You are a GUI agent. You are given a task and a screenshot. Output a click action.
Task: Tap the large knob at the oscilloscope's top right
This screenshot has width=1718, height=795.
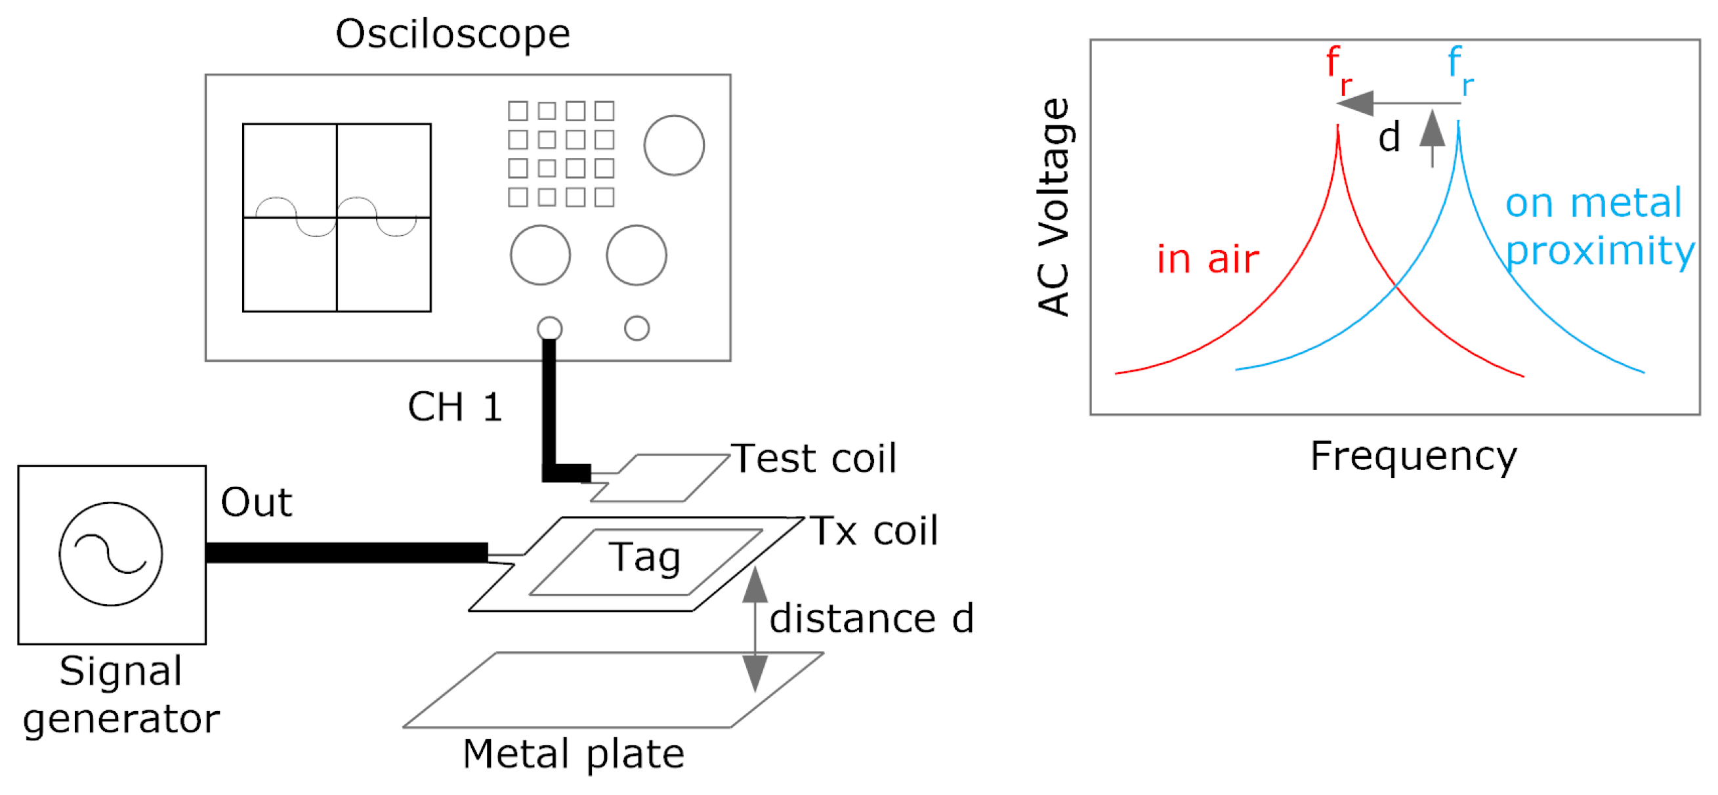(x=673, y=145)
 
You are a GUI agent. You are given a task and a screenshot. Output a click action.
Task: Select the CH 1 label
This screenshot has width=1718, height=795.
(x=454, y=407)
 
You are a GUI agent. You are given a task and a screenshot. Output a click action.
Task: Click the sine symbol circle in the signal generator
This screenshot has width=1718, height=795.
(x=111, y=553)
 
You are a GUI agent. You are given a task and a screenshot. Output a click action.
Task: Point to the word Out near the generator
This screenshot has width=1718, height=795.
(x=256, y=502)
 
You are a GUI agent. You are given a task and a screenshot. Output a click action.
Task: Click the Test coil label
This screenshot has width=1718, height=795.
(x=814, y=459)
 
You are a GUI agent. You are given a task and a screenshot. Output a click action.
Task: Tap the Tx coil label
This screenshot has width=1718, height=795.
(x=873, y=531)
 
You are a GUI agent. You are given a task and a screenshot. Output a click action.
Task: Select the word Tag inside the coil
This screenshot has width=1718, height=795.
(x=644, y=557)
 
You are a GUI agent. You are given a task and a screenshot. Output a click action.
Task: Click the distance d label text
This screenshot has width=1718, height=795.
(x=871, y=618)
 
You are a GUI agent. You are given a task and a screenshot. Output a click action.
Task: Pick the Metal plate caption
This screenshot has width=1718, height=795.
(x=574, y=754)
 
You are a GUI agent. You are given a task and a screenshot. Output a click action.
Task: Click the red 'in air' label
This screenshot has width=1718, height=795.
(x=1207, y=259)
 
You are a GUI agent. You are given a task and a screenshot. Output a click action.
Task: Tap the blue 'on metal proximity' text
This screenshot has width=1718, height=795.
(x=1598, y=226)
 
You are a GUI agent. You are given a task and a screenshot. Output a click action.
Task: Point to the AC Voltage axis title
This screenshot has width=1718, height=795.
(x=1054, y=207)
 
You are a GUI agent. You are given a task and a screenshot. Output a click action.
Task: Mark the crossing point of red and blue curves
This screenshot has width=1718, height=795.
(x=1396, y=286)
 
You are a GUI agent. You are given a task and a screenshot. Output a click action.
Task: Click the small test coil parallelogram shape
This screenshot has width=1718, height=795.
(x=660, y=478)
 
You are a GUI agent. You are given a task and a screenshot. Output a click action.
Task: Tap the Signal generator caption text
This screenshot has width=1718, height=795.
(x=121, y=695)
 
